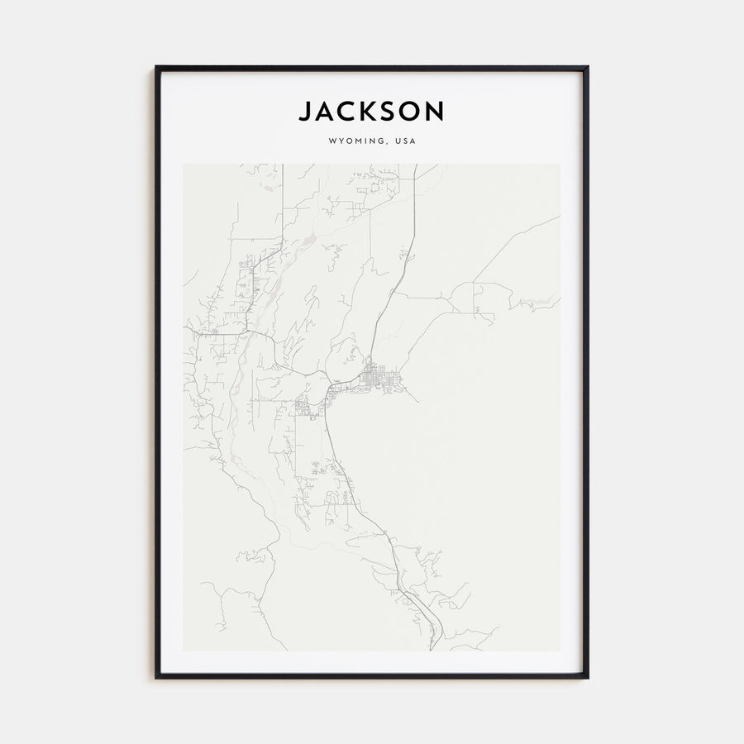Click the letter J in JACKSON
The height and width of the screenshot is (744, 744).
tap(306, 111)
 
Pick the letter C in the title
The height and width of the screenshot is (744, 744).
tap(348, 111)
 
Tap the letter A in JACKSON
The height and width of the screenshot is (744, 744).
tap(326, 111)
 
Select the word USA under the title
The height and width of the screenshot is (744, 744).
tap(406, 141)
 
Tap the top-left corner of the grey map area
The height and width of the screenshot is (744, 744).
tap(184, 164)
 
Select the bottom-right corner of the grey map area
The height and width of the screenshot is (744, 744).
tap(560, 651)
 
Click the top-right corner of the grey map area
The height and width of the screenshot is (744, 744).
tap(560, 164)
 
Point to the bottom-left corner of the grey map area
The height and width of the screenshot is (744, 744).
tap(184, 651)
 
